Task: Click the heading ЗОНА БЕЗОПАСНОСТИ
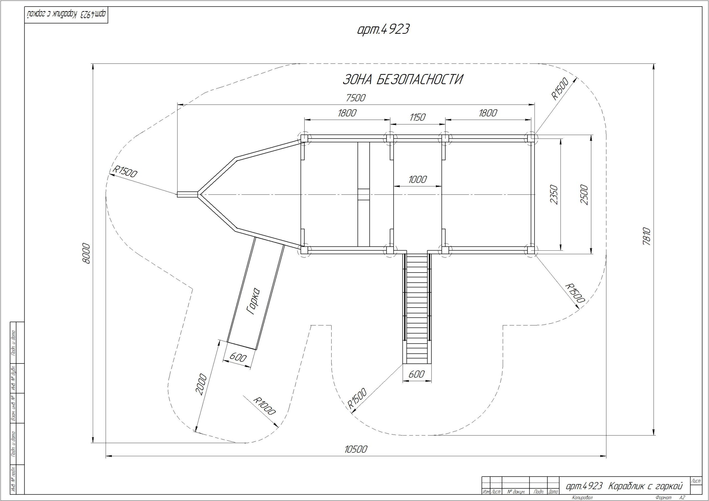(x=403, y=80)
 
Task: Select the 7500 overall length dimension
(x=356, y=98)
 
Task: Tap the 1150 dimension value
(x=417, y=117)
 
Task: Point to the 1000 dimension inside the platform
(x=417, y=179)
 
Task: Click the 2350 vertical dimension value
(x=554, y=194)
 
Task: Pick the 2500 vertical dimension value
(x=585, y=194)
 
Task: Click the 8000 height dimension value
(x=87, y=254)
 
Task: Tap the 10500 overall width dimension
(x=356, y=449)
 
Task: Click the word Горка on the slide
(x=254, y=301)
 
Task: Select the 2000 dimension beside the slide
(x=201, y=384)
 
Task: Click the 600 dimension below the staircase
(x=416, y=374)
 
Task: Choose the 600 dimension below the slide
(x=238, y=357)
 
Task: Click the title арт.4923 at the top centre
(x=383, y=29)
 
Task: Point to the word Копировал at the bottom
(x=582, y=498)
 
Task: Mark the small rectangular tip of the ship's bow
(x=187, y=194)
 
